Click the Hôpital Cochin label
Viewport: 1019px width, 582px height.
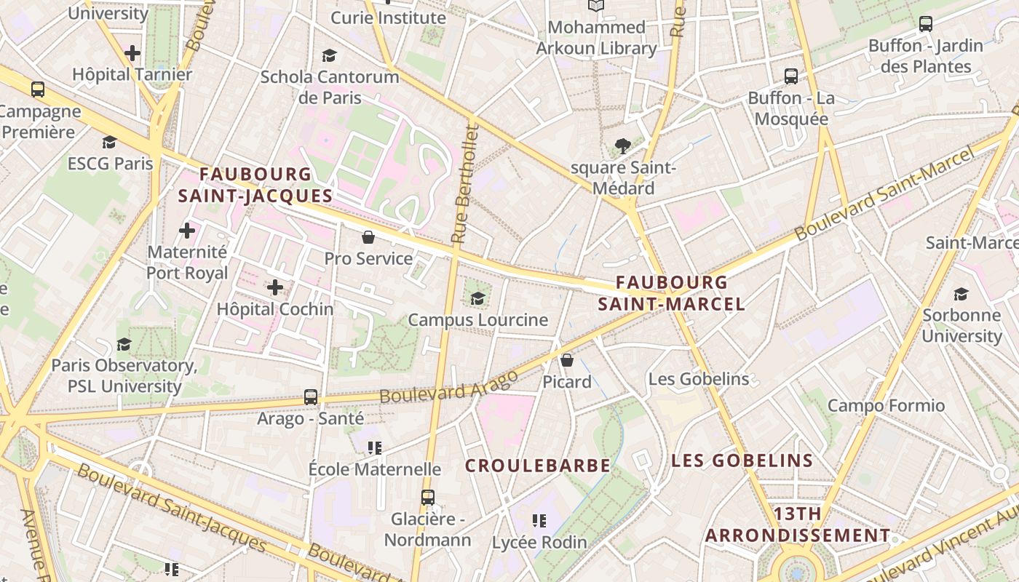(x=275, y=309)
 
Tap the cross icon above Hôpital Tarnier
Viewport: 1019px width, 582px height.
(x=132, y=53)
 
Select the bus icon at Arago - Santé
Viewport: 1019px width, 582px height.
(x=311, y=397)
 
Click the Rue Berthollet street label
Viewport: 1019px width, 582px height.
(x=467, y=183)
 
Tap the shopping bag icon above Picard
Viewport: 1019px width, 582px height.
(x=567, y=360)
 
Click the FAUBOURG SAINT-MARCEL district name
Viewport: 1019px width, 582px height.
(x=671, y=293)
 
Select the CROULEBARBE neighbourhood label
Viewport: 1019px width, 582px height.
(x=538, y=466)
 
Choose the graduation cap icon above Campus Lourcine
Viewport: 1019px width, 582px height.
(x=477, y=298)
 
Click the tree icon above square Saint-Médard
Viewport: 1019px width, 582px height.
(x=622, y=146)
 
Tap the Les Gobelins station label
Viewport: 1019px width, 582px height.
(x=698, y=379)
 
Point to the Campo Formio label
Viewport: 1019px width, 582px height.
(x=886, y=405)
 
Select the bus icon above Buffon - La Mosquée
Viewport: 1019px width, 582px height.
(x=791, y=76)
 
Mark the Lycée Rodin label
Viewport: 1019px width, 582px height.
(x=539, y=542)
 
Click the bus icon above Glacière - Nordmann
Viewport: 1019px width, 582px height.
(x=428, y=498)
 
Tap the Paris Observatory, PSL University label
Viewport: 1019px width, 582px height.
(x=124, y=375)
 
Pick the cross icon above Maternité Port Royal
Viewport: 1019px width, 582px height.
(x=187, y=231)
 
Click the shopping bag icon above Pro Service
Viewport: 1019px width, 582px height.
(x=368, y=237)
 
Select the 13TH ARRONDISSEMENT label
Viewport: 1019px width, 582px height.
(x=797, y=525)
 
